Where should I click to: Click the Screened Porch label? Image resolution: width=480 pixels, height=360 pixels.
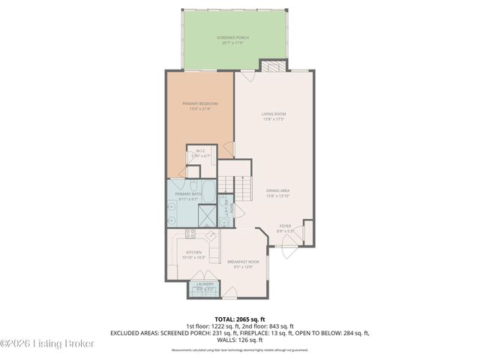[235, 37]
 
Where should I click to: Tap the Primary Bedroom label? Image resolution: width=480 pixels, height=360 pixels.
[200, 103]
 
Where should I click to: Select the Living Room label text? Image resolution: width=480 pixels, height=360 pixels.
[274, 114]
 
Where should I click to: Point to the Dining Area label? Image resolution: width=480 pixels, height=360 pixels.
[277, 190]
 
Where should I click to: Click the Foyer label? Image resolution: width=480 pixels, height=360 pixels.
[285, 226]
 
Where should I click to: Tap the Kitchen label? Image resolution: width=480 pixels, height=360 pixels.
[193, 252]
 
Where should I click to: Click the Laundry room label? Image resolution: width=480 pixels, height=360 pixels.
[205, 284]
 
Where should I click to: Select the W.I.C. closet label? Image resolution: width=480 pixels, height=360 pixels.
[201, 151]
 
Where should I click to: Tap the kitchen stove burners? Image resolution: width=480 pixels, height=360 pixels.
[190, 234]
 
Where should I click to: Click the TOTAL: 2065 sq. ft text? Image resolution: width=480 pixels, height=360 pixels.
[240, 319]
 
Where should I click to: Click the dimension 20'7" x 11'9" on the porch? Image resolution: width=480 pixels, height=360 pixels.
[235, 43]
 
